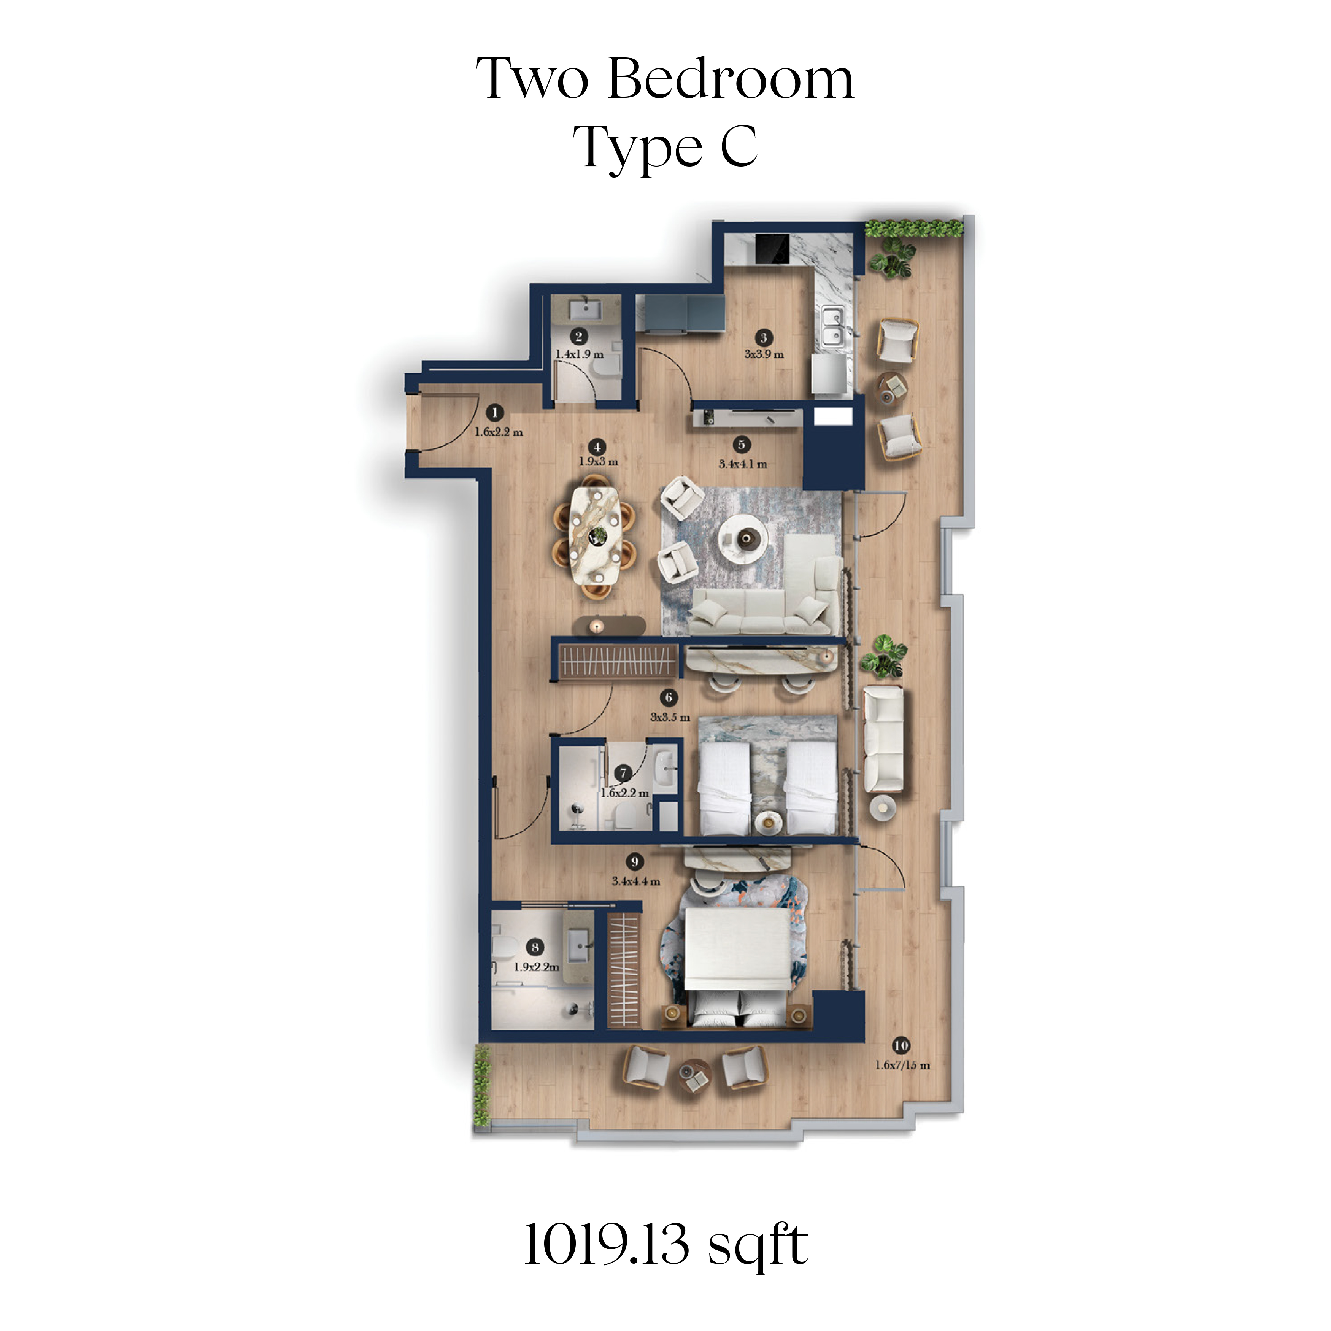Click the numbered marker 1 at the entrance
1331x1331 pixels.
pos(494,413)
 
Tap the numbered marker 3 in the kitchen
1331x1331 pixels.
pos(763,338)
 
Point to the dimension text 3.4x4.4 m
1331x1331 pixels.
pos(636,881)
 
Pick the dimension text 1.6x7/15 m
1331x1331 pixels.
pos(902,1065)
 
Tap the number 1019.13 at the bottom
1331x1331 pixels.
pos(606,1244)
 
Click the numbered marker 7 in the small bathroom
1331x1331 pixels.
pos(623,773)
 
